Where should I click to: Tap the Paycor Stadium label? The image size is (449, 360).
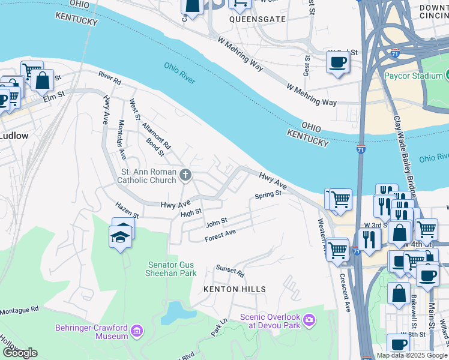(x=414, y=77)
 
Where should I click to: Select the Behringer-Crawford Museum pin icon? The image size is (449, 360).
(x=137, y=331)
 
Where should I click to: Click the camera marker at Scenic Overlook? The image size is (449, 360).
(x=309, y=319)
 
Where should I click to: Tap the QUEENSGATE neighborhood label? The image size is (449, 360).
(x=249, y=19)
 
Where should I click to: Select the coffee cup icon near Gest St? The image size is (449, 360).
(x=338, y=62)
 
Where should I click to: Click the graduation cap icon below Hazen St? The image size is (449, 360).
(x=121, y=236)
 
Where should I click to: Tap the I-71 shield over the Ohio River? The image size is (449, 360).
(x=361, y=148)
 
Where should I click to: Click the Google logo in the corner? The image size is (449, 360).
(x=20, y=353)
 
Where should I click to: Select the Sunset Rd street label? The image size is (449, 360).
(x=231, y=272)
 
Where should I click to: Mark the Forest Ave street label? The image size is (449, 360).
(x=220, y=236)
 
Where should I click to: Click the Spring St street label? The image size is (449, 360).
(x=268, y=195)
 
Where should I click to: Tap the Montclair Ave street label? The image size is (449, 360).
(x=121, y=136)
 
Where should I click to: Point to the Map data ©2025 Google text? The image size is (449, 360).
(x=412, y=355)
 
